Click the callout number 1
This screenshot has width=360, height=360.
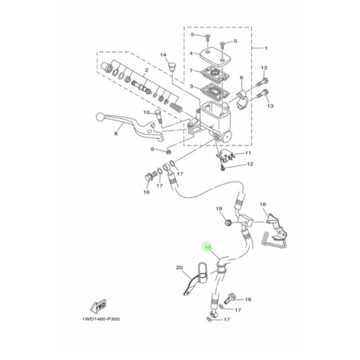268,49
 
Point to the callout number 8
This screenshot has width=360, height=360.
116,134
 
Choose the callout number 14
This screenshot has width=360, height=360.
163,55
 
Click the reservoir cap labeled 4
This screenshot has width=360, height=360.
214,54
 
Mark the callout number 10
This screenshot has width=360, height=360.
145,113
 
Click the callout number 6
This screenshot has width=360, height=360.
241,78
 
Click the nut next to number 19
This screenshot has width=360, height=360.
227,223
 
